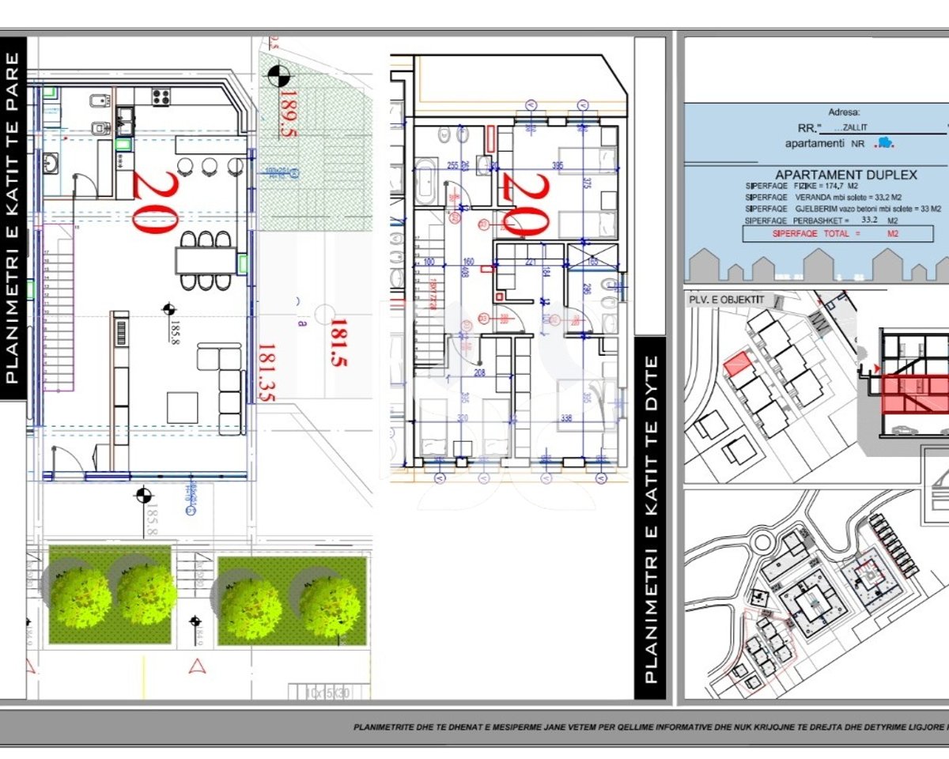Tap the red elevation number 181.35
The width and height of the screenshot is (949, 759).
point(266,372)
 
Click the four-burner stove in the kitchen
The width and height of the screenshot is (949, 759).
point(161,97)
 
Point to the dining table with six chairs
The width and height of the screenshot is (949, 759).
point(206,260)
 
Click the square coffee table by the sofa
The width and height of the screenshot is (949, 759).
point(183,407)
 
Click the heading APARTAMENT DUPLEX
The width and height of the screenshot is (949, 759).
point(845,176)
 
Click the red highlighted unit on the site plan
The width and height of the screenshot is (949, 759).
point(737,364)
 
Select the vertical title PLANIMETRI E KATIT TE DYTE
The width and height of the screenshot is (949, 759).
point(650,518)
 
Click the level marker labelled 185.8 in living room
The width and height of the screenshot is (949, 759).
point(168,309)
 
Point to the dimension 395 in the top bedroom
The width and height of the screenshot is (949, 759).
point(557,165)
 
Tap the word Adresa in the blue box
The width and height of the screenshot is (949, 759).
point(843,113)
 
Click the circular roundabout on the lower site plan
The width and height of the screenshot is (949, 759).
point(762,545)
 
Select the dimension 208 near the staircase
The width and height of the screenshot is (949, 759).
point(479,372)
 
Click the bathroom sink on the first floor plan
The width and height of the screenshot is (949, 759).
point(51,163)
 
